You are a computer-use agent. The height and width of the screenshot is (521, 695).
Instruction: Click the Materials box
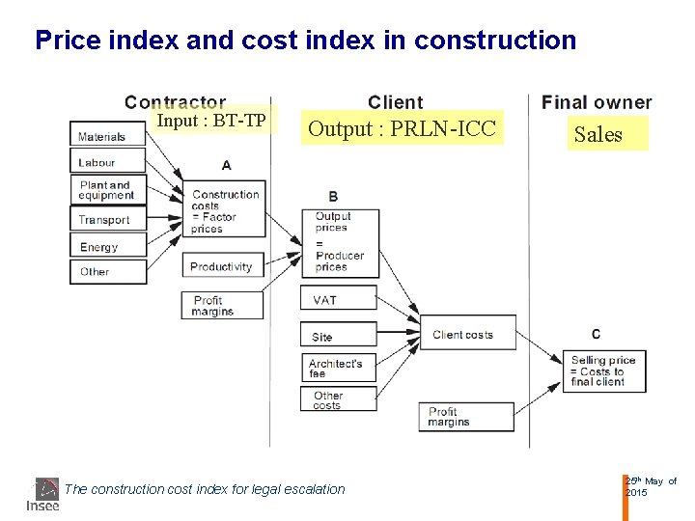coord(107,136)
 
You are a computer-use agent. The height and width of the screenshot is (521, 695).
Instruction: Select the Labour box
coord(107,162)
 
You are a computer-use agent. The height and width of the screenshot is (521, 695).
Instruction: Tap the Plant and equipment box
coord(107,189)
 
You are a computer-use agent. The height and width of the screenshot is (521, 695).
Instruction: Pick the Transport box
coord(107,219)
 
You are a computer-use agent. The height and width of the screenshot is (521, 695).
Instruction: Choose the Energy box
coord(107,246)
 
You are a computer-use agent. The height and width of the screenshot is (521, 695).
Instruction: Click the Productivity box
coord(222,266)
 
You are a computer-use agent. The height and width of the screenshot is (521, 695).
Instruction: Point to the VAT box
coord(338,300)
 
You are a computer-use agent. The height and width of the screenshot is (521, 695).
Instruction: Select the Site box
coord(338,336)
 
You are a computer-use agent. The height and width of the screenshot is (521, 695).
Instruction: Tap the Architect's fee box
coord(338,368)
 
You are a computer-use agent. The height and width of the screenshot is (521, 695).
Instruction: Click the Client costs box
coord(467,334)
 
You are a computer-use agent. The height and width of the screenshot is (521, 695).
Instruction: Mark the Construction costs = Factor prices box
coord(225,211)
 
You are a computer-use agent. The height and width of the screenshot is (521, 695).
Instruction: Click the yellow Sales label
coord(608,134)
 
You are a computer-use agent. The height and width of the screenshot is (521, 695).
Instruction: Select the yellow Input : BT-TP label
coord(211,120)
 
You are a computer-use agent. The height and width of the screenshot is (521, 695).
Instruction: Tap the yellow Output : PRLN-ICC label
coord(402,128)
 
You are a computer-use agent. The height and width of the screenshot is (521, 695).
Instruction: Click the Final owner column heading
coord(597,102)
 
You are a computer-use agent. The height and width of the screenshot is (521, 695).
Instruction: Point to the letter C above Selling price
coord(596,334)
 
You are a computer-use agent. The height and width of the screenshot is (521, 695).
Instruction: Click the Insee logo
coord(43,493)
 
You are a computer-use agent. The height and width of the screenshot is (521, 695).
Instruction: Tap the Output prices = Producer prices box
coord(340,241)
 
